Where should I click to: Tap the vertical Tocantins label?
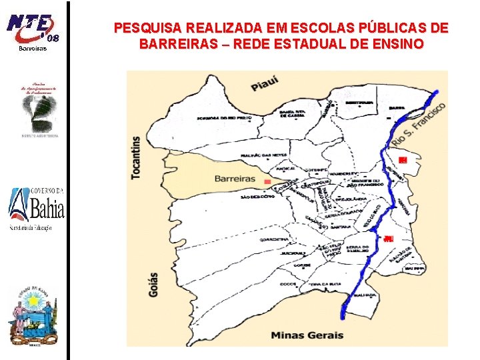tap(137, 157)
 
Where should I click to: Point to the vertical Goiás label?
tap(153, 285)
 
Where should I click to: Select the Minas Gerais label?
tap(307, 335)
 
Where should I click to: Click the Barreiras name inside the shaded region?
tap(235, 179)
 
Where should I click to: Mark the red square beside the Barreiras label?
tap(267, 182)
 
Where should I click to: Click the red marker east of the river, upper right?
tap(402, 159)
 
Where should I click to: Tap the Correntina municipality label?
tap(274, 238)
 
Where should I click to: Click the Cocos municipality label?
tap(288, 283)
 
